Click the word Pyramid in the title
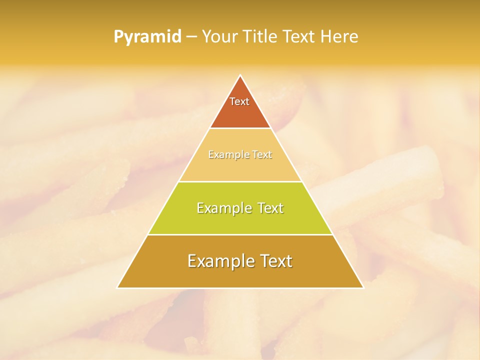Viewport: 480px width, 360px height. click(x=147, y=37)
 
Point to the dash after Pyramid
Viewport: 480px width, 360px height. click(x=191, y=37)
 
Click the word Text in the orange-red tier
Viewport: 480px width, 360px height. click(x=239, y=101)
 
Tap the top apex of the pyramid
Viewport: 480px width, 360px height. click(x=240, y=75)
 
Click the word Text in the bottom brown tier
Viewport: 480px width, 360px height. click(x=273, y=261)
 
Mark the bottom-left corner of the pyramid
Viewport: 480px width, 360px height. click(x=117, y=288)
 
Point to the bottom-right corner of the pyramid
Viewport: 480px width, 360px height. click(x=363, y=288)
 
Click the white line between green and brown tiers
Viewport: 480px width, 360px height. click(x=240, y=234)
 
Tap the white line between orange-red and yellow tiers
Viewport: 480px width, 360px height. click(x=240, y=128)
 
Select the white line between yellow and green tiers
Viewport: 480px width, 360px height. click(x=240, y=181)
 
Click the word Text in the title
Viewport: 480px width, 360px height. click(x=299, y=37)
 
